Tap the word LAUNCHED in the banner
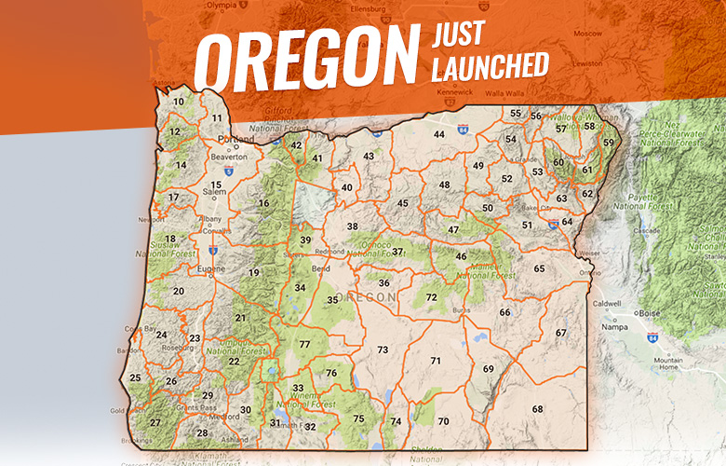click(490, 67)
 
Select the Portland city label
click(235, 139)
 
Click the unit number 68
click(537, 409)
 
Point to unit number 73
click(383, 349)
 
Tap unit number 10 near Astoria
click(179, 102)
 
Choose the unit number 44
click(438, 134)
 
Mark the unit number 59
click(609, 143)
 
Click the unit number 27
click(155, 423)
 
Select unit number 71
click(435, 360)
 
